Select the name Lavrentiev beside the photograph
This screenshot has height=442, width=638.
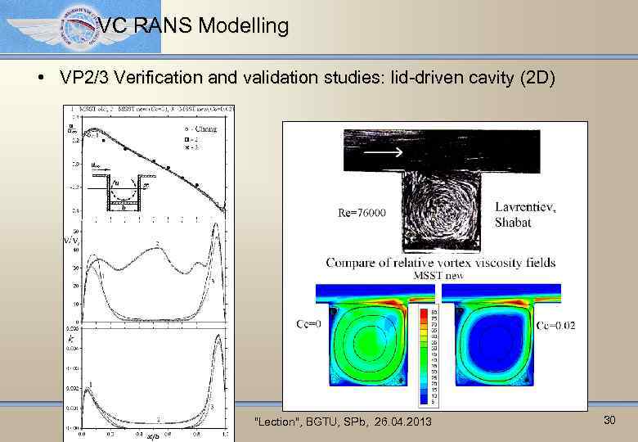click(524, 207)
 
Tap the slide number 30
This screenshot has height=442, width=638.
click(609, 420)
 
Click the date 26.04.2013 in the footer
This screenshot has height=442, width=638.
click(400, 421)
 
